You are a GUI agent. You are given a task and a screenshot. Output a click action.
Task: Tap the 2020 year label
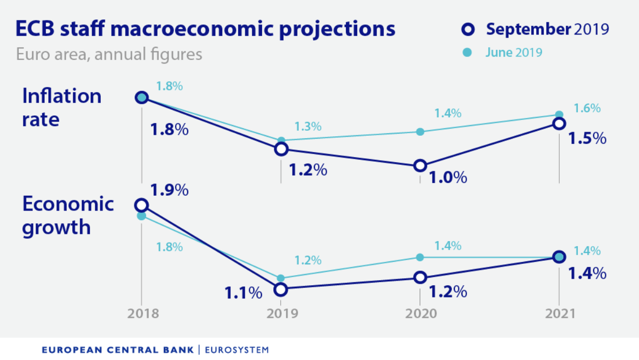(420, 313)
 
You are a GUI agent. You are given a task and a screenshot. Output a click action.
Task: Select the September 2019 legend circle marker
(468, 29)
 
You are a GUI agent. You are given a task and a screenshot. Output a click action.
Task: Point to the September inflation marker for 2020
(420, 165)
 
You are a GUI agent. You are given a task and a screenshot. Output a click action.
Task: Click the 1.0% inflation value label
(448, 177)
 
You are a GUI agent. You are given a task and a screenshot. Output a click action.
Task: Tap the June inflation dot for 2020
(420, 132)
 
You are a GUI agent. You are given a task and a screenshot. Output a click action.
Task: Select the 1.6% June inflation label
(587, 108)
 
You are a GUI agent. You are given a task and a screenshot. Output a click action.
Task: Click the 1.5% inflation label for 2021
(588, 138)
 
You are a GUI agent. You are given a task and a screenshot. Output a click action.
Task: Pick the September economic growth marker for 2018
(141, 205)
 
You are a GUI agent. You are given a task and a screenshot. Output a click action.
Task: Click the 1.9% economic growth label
(169, 190)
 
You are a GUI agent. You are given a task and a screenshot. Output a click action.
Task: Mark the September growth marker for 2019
(280, 289)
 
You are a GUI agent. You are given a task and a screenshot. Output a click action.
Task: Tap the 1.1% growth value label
(243, 293)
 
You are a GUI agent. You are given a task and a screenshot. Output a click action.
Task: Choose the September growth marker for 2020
(420, 277)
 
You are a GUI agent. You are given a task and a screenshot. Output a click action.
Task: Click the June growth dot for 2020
(420, 257)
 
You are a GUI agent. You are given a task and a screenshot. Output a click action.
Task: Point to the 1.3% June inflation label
(308, 127)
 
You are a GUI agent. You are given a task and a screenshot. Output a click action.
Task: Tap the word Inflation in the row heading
(62, 96)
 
